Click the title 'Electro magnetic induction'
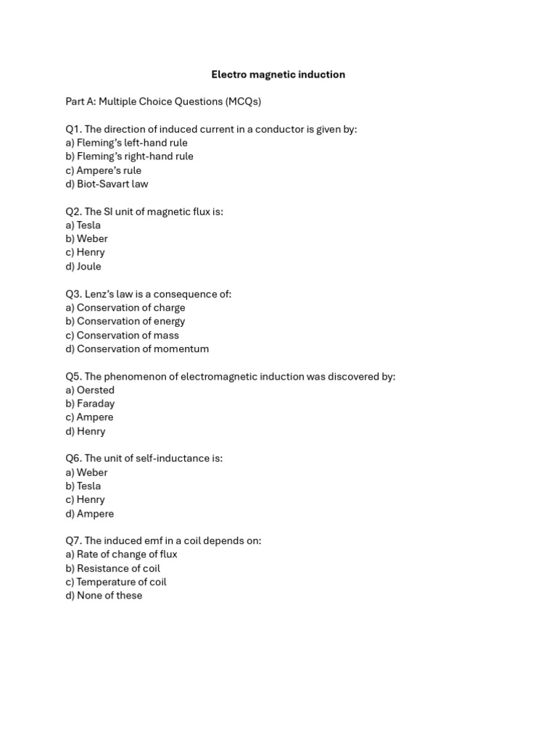click(278, 75)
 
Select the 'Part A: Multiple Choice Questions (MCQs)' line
click(163, 101)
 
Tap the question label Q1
click(73, 129)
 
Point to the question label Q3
click(73, 294)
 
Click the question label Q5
click(73, 377)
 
